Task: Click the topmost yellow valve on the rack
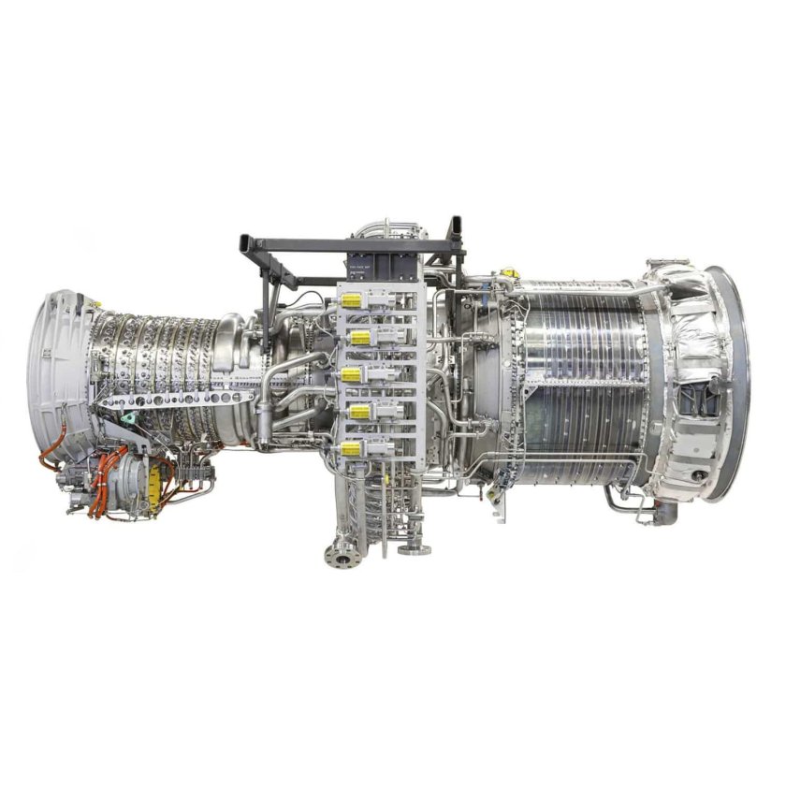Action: [352, 300]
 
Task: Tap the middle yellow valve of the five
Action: [352, 374]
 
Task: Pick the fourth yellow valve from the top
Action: [358, 412]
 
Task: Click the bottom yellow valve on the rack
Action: [352, 449]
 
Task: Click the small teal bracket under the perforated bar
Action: [132, 417]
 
